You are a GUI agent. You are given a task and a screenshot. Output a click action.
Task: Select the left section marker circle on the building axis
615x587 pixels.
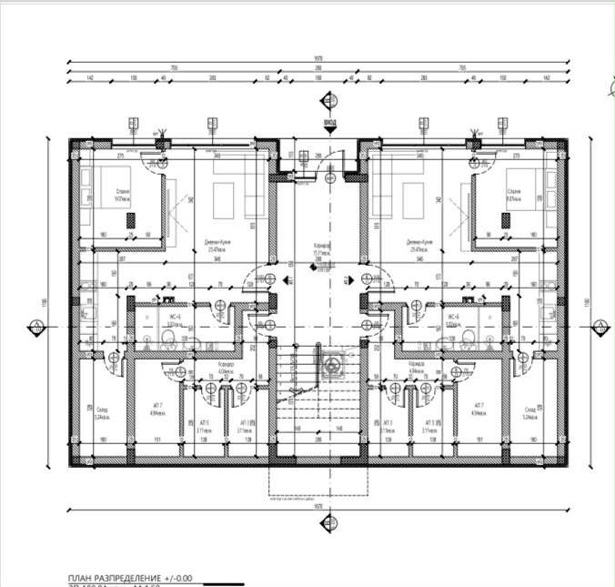pos(34,325)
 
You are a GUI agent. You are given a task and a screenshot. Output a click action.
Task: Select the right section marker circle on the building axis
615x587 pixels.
pos(600,325)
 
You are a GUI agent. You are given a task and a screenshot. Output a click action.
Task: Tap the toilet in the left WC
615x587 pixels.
pos(166,339)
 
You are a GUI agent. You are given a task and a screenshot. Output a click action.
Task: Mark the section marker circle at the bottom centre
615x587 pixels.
pos(318,537)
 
